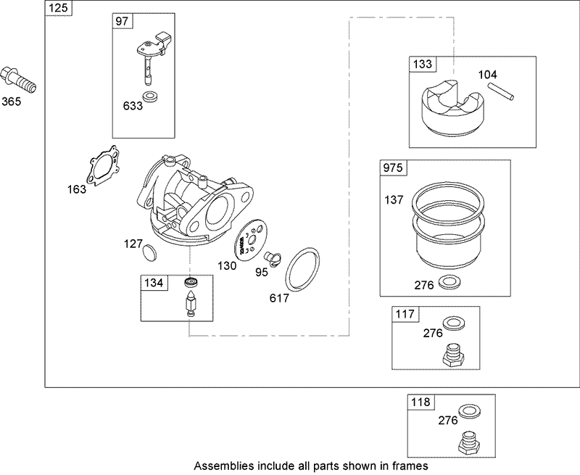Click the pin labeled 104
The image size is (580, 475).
[501, 91]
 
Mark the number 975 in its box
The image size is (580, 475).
[393, 168]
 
